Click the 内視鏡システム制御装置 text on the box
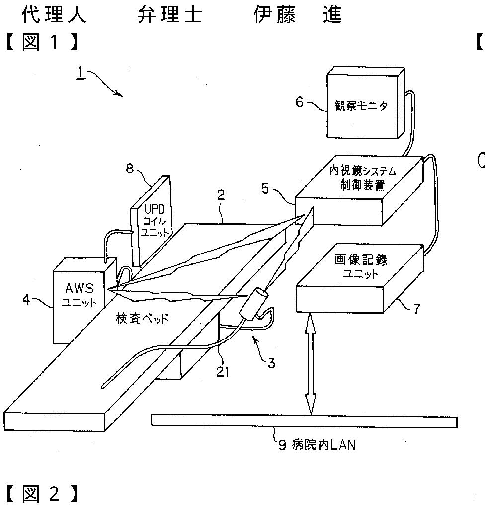(x=363, y=178)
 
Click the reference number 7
(x=416, y=309)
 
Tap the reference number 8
(x=130, y=169)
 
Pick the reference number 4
(x=26, y=299)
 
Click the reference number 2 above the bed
(x=221, y=195)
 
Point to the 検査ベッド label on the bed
(x=142, y=318)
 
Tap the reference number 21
(x=223, y=371)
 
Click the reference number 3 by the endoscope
(x=271, y=363)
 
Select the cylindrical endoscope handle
(x=254, y=303)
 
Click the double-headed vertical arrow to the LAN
(x=311, y=362)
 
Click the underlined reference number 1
(x=79, y=73)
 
